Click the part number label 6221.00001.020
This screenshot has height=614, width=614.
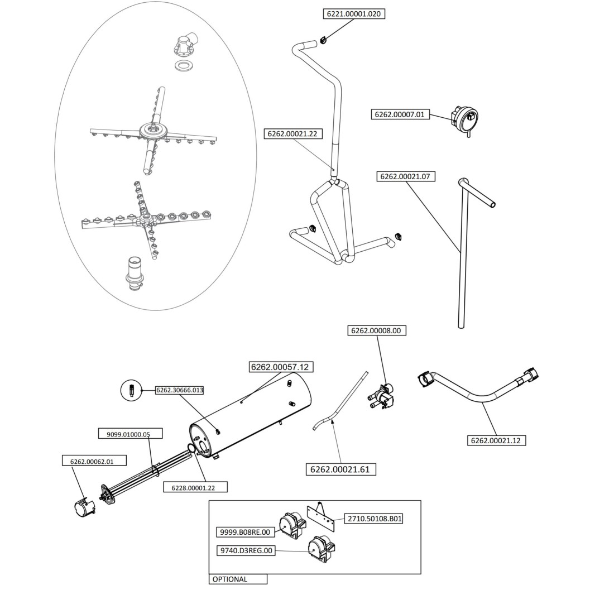354,14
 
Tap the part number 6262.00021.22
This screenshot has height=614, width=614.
292,134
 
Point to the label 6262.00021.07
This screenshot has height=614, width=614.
406,176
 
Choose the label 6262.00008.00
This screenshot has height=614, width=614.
376,330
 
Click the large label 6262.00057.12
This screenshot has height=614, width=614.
279,367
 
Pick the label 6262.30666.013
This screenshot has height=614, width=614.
179,390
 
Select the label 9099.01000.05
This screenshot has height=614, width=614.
124,434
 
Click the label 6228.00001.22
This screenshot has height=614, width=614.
189,487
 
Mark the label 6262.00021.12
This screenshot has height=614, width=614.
495,440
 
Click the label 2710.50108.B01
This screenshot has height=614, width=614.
375,519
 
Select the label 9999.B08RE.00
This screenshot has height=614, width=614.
245,532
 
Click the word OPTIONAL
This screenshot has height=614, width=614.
229,579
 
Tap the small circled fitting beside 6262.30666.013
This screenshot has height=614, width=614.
131,390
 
